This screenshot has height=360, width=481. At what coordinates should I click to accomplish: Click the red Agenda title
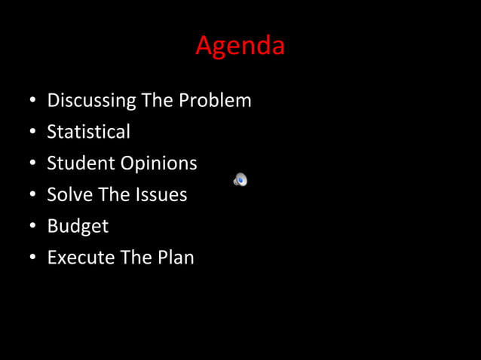240,46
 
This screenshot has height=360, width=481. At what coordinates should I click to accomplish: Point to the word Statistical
88,132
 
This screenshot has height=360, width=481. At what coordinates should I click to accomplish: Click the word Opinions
159,164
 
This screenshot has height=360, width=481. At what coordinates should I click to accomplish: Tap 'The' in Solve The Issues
115,195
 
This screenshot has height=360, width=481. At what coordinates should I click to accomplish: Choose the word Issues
161,195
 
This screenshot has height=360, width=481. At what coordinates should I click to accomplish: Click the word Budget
78,227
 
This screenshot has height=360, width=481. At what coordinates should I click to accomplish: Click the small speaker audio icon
240,179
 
